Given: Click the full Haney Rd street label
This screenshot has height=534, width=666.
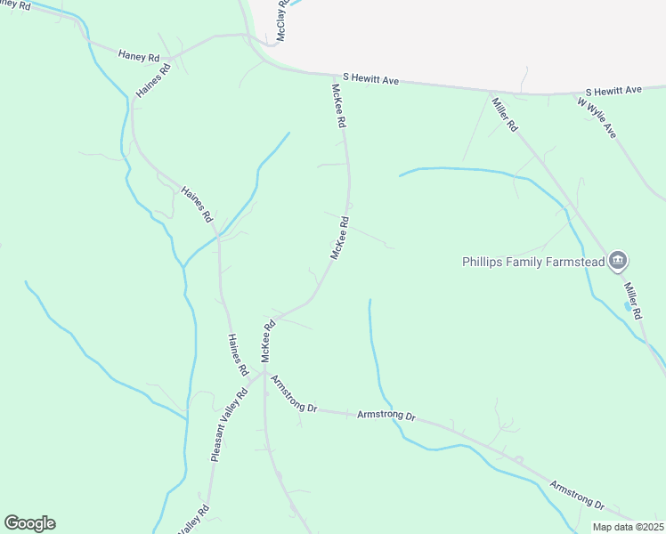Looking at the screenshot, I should click(138, 56).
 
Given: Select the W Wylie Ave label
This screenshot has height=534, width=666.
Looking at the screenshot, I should click(597, 117).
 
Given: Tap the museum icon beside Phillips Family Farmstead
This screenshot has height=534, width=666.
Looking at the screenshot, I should click(619, 261).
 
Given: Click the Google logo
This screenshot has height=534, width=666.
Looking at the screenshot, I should click(29, 523).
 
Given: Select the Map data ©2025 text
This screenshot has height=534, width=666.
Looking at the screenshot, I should click(628, 527).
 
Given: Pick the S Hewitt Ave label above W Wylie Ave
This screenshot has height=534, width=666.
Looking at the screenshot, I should click(613, 92).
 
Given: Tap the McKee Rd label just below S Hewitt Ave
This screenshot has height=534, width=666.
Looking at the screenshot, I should click(337, 107).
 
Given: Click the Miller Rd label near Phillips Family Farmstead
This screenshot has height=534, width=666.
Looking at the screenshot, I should click(633, 301).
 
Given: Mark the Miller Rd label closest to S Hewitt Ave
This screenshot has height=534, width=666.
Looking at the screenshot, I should click(505, 114).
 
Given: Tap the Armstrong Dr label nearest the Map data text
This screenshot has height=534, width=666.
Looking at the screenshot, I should click(576, 496).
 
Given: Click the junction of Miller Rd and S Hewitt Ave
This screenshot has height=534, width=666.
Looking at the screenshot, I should click(489, 91).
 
